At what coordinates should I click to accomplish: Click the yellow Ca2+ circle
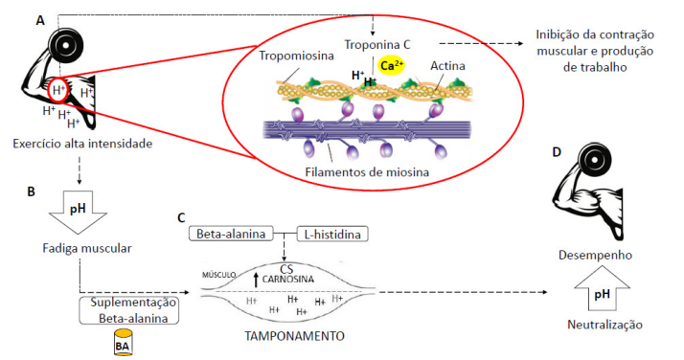(x=390, y=66)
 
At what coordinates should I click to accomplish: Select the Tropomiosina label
(x=295, y=56)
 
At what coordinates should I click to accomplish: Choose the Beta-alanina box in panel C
(x=231, y=234)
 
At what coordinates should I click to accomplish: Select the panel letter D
(x=557, y=152)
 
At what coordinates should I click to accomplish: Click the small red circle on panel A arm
(x=59, y=90)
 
